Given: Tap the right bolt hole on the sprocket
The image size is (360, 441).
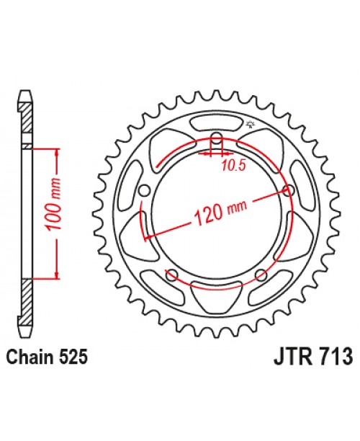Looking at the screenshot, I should pos(289,191).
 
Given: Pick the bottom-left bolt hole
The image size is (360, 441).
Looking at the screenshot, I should pos(171,275).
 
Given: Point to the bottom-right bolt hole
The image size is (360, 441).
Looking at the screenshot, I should pos(261,275).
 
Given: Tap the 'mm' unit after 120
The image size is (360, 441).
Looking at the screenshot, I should pos(236,205).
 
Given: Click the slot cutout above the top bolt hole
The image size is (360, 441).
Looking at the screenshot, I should pos(216,124).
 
